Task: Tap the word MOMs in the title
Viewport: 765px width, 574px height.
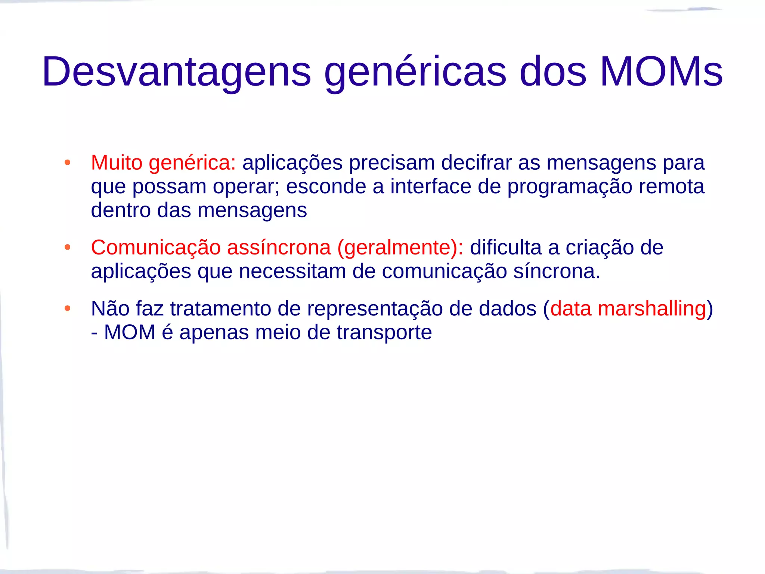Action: coord(661,72)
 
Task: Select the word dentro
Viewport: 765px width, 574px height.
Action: coord(121,210)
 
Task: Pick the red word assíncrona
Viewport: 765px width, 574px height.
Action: coord(279,248)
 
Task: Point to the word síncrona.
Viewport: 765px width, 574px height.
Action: coord(557,271)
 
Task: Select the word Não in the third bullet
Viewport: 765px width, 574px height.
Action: coord(110,309)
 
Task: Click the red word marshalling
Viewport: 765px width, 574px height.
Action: coord(652,309)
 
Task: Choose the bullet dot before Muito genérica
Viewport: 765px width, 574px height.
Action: coord(67,163)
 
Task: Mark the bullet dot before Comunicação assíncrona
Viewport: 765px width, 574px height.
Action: coord(67,247)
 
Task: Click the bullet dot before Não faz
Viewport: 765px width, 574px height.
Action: coord(67,309)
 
